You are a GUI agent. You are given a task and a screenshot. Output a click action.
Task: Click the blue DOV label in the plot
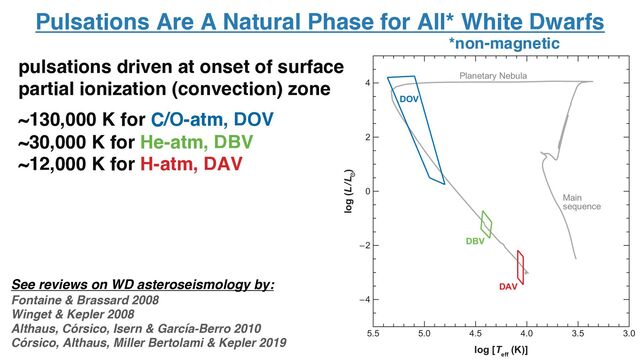(409, 100)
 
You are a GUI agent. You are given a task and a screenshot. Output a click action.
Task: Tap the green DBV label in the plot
(475, 241)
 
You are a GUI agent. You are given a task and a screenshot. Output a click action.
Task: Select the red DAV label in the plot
(509, 287)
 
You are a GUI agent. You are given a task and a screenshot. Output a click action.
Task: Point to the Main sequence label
(580, 201)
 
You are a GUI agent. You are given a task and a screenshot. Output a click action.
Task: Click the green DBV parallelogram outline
(486, 224)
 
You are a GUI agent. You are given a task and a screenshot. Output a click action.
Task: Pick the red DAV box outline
(520, 267)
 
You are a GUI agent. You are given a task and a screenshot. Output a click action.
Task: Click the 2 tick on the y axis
(369, 137)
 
